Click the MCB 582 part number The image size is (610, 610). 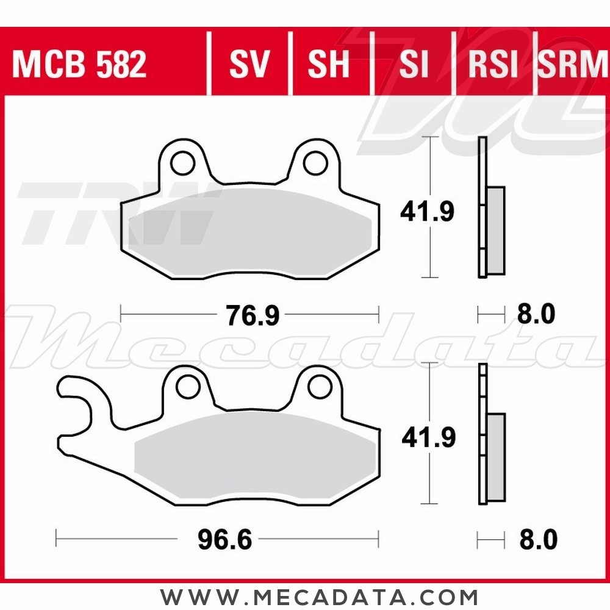79,64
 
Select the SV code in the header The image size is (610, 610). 249,64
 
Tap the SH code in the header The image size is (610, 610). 329,64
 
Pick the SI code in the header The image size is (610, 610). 414,64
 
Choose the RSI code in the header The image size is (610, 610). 493,64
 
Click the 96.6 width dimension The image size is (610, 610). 225,540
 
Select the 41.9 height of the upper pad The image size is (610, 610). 427,212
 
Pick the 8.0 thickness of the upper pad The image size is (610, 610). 536,315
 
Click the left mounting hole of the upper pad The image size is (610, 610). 181,163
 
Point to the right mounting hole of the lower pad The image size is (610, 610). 318,386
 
